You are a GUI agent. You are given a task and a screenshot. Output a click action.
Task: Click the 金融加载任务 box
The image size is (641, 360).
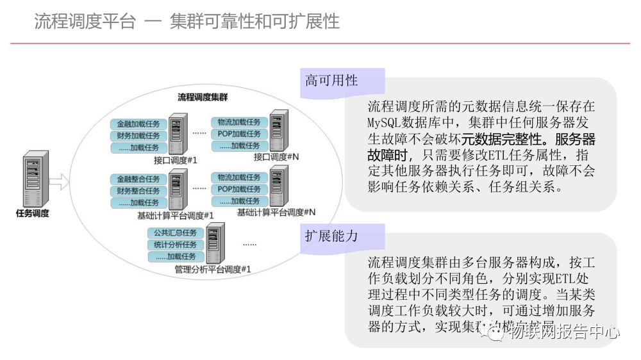coord(138,124)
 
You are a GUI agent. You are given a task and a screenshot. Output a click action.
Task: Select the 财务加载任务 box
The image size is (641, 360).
coord(138,136)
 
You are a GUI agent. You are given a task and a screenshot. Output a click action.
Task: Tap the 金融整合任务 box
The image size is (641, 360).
coord(138,179)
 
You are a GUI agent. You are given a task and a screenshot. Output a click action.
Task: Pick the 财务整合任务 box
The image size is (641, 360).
coord(138,191)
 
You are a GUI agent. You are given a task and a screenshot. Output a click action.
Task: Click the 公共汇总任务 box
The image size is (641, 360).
coord(176,233)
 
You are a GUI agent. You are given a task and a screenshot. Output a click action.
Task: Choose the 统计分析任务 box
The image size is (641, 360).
coord(176,245)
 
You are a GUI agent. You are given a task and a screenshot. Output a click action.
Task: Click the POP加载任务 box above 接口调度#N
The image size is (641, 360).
coord(239,134)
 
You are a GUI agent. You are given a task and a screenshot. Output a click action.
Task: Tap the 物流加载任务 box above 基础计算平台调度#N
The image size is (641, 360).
coord(239,177)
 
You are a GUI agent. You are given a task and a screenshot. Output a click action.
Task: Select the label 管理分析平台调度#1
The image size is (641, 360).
coord(212,270)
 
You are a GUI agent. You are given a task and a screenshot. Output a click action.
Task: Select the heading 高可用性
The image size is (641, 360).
coord(331,81)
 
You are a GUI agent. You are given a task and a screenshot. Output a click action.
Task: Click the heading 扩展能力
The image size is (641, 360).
coord(331,236)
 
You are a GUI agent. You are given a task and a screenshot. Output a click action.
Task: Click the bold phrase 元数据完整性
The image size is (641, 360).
coord(497,138)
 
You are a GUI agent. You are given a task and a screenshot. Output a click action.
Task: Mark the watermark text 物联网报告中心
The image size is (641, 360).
coord(564,332)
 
